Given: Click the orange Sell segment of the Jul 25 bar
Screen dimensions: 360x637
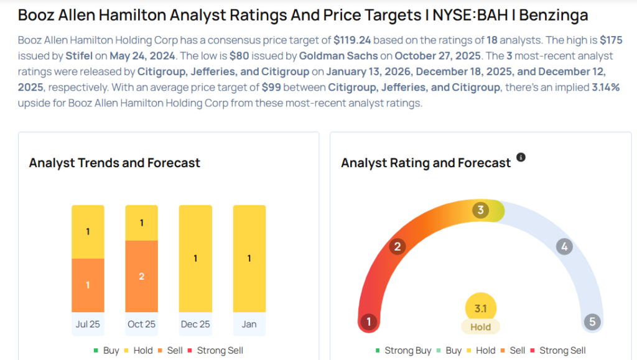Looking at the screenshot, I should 88,285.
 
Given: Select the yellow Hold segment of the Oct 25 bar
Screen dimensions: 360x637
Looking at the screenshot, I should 142,223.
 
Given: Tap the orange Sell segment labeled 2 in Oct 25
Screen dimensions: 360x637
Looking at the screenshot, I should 142,276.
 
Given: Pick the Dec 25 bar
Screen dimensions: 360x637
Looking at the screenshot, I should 195,258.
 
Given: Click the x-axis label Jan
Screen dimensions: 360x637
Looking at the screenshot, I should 249,324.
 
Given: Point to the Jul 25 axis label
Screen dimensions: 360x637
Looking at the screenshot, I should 88,324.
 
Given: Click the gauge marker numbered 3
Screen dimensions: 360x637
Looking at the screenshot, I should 480,210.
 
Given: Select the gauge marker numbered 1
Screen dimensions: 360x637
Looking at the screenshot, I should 369,322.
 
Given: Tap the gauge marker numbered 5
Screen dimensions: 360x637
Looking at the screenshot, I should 592,322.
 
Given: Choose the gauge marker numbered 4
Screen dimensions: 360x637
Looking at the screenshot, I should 564,247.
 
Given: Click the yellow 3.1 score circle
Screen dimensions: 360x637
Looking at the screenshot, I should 480,308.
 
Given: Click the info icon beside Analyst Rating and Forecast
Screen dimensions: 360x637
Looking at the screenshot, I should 521,157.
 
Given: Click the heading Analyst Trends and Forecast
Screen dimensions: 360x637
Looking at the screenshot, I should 114,163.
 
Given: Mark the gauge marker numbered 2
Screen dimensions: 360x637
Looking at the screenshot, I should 397,247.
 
